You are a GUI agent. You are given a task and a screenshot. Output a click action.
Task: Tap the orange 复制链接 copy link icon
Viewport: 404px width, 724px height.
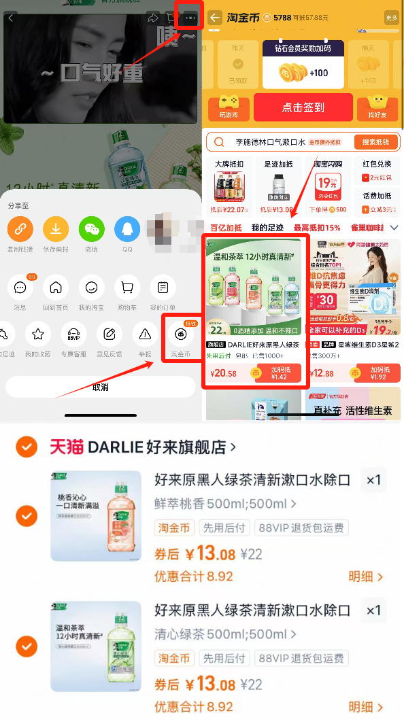click(20, 229)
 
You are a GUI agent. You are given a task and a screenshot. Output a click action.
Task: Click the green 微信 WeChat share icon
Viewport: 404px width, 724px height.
click(91, 229)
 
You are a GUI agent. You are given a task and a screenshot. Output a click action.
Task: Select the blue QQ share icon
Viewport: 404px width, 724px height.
click(127, 229)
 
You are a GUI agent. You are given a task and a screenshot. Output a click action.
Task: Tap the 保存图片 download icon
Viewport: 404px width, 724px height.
click(56, 229)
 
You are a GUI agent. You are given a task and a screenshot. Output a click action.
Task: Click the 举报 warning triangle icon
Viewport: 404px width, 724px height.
click(145, 334)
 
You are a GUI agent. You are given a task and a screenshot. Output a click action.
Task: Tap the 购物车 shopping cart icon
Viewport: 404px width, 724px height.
click(127, 288)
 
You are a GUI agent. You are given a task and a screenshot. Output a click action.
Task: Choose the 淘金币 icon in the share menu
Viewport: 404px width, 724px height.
click(181, 334)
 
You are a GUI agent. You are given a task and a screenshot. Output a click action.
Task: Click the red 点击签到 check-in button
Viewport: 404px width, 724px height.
click(303, 107)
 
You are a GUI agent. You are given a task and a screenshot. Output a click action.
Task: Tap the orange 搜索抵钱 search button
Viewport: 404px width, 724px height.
click(375, 142)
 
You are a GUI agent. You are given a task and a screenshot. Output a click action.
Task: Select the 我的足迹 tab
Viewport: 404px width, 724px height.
click(267, 228)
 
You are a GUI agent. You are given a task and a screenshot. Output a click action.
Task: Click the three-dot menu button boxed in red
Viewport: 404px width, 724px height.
click(190, 17)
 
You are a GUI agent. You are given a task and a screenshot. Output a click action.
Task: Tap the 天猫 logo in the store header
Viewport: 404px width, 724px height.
click(67, 447)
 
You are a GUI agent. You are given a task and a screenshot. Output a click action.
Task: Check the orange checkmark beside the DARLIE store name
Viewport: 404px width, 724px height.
click(26, 447)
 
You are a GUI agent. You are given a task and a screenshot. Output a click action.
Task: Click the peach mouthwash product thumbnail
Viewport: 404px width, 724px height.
click(96, 516)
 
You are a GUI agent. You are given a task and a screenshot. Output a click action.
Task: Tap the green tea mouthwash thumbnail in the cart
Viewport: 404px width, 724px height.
click(96, 646)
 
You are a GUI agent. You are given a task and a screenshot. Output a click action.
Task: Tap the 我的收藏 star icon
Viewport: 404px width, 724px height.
click(38, 334)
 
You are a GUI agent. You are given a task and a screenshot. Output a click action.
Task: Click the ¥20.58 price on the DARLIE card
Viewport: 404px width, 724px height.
click(224, 374)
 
